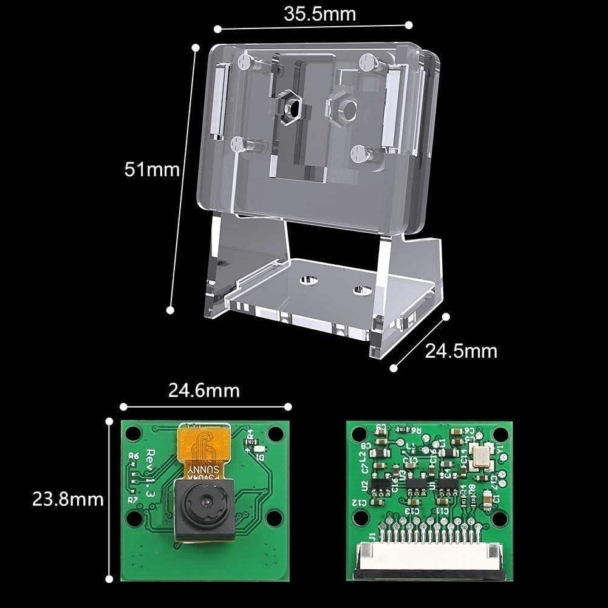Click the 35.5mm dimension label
pos(312,13)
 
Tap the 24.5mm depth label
pos(462,351)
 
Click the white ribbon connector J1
pos(430,561)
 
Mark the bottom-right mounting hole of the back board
pos(499,517)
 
